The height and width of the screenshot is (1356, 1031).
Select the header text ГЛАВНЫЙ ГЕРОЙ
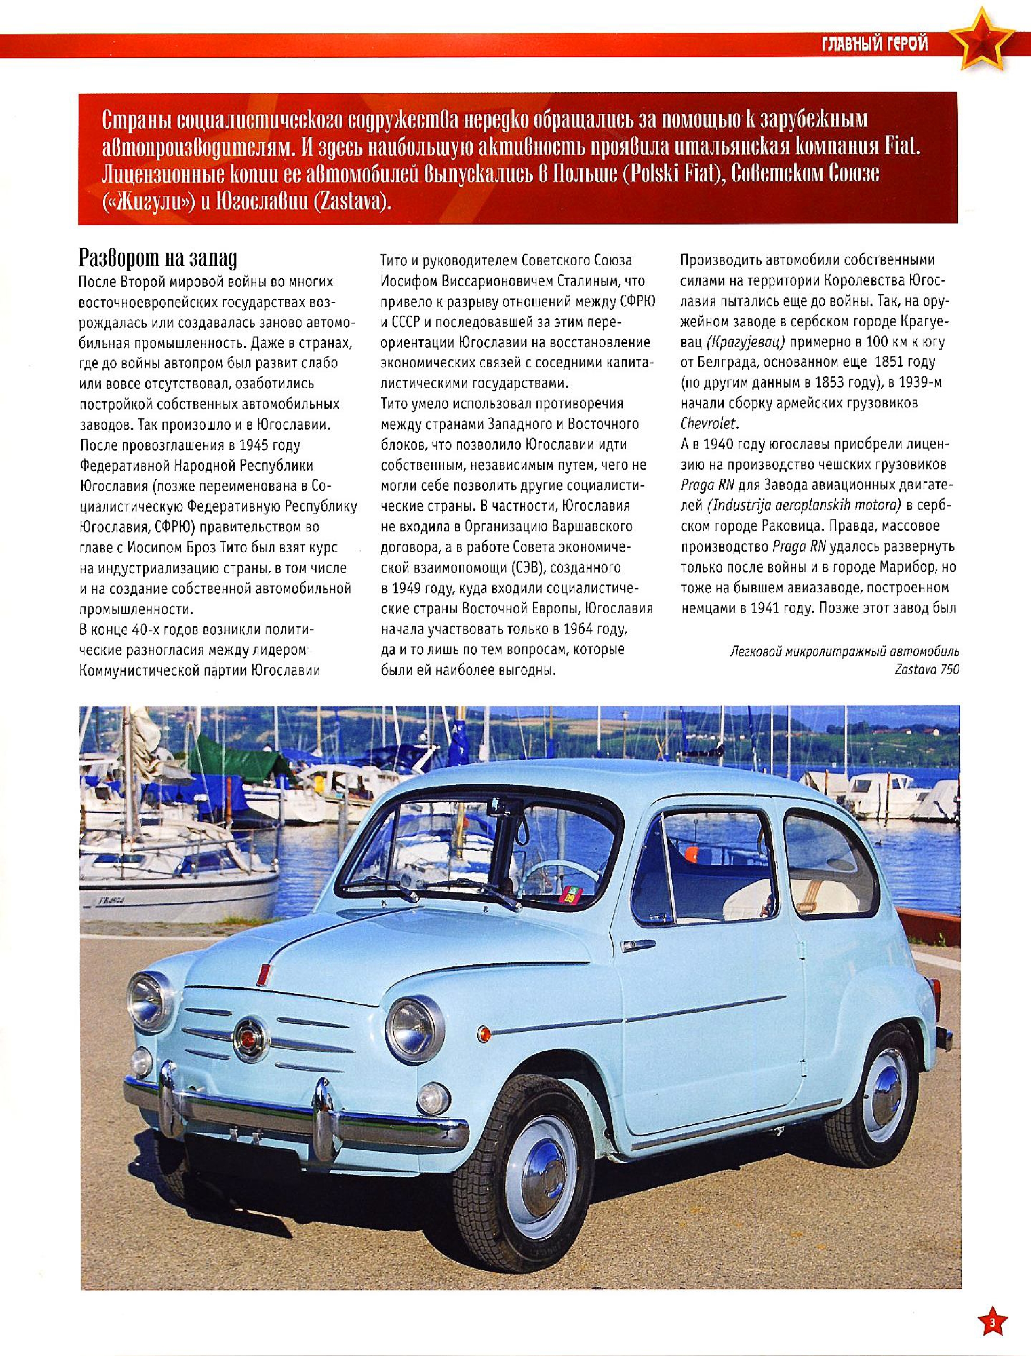[874, 44]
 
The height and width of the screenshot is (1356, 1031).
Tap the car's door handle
[638, 943]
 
